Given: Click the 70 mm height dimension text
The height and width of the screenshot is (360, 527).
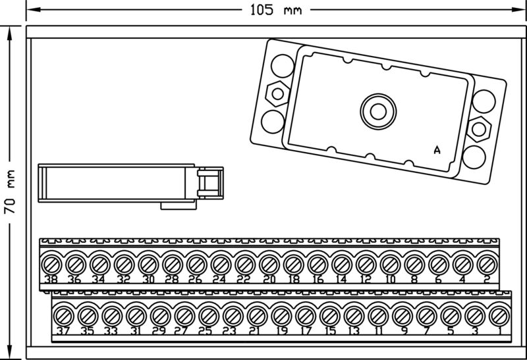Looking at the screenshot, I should [10, 191].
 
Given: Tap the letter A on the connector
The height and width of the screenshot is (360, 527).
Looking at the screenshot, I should [437, 150].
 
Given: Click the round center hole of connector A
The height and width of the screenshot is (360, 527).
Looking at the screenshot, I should [378, 109].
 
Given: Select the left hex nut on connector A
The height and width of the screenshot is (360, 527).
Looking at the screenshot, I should [278, 93].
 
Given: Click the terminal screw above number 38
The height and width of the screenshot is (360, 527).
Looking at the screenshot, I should [51, 265].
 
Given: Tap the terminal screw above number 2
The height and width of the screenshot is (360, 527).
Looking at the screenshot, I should [487, 265].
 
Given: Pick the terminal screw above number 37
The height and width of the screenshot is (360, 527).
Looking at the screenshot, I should [63, 315].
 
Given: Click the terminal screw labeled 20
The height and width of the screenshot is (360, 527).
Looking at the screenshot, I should [269, 265].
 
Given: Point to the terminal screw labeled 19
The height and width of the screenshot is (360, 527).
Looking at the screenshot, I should [281, 315].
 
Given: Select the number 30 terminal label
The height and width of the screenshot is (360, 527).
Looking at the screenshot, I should [148, 279].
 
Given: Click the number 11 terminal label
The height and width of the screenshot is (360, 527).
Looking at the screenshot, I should [377, 330].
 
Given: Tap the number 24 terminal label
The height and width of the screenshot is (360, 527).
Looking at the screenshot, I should [219, 279].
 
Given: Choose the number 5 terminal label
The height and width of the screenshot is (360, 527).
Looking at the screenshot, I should [450, 330].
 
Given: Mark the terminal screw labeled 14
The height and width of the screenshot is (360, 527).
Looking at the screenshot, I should [341, 265].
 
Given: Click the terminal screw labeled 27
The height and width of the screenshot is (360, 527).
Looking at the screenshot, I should [184, 315].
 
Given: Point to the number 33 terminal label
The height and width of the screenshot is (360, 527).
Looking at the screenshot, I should [111, 330].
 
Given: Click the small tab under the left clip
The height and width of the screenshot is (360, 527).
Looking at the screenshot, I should [179, 206].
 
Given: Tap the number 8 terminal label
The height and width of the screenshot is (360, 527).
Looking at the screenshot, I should [414, 279].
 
